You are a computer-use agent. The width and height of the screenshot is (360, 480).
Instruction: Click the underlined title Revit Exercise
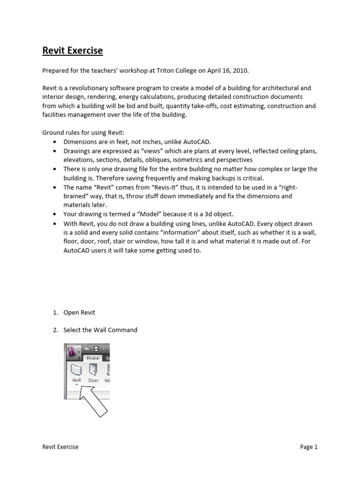[x=73, y=51]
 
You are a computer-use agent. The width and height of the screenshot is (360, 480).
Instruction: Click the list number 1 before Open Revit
[x=54, y=313]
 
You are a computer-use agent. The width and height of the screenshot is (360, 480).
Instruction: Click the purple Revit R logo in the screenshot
[x=73, y=350]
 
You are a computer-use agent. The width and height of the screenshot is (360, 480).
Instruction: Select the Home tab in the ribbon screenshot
[x=93, y=358]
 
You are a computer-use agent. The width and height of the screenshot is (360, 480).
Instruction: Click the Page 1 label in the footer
[x=308, y=447]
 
